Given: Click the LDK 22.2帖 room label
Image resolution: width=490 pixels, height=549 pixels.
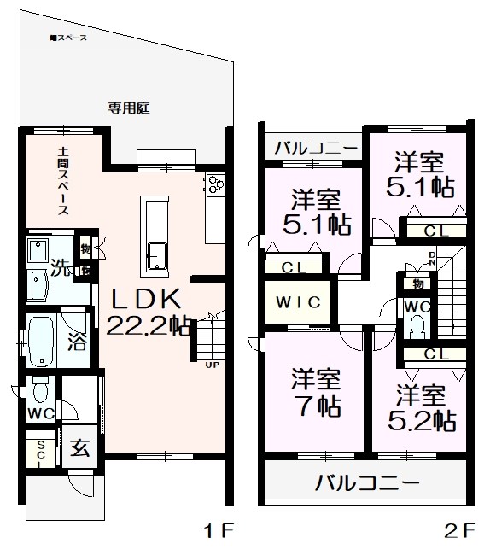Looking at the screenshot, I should tap(143, 312).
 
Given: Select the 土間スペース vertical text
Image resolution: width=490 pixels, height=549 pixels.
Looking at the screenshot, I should tap(63, 181).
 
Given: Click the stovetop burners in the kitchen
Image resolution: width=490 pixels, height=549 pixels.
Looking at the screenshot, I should tap(213, 184).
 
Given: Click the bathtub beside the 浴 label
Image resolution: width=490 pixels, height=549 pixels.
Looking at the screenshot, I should tap(44, 342).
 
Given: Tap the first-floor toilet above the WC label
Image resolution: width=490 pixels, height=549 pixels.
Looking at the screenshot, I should tap(40, 392).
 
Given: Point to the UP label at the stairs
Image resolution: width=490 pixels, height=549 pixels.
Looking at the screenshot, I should tap(209, 366).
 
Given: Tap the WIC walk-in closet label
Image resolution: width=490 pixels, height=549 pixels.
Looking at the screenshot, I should tap(297, 302).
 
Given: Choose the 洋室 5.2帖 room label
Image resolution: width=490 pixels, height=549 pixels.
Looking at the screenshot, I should tap(419, 408).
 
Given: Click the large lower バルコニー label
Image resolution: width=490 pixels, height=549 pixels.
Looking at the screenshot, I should tap(367, 483).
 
